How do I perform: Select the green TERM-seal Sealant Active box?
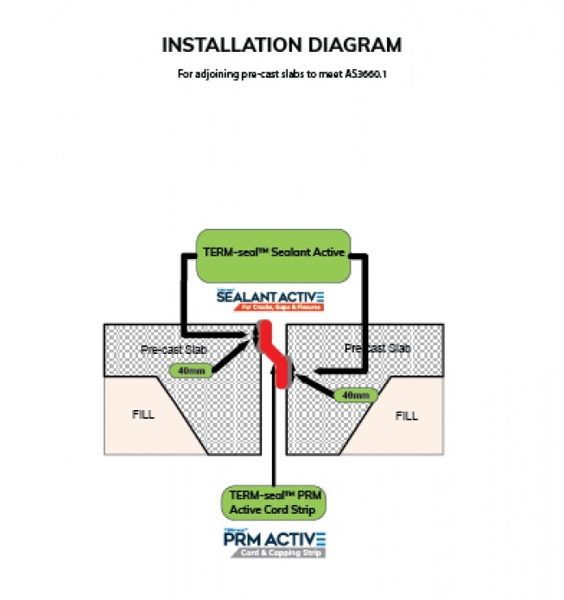pos(272,255)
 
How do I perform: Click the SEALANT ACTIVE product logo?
pos(271,296)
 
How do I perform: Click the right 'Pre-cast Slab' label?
pos(377,348)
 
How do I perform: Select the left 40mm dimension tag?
pos(187,371)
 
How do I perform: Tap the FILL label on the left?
pos(144,414)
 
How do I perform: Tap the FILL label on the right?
pos(406,416)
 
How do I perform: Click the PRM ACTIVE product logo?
pos(274,540)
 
